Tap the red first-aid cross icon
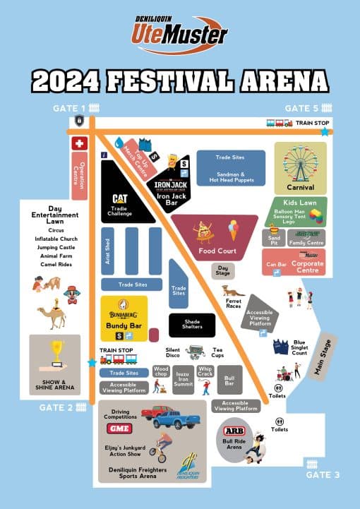pos(79,143)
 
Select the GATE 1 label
pos(68,108)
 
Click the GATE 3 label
pos(323,474)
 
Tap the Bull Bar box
pos(229,381)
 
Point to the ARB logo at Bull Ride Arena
pos(234,431)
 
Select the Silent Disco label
pos(173,352)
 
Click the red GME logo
pos(120,429)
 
